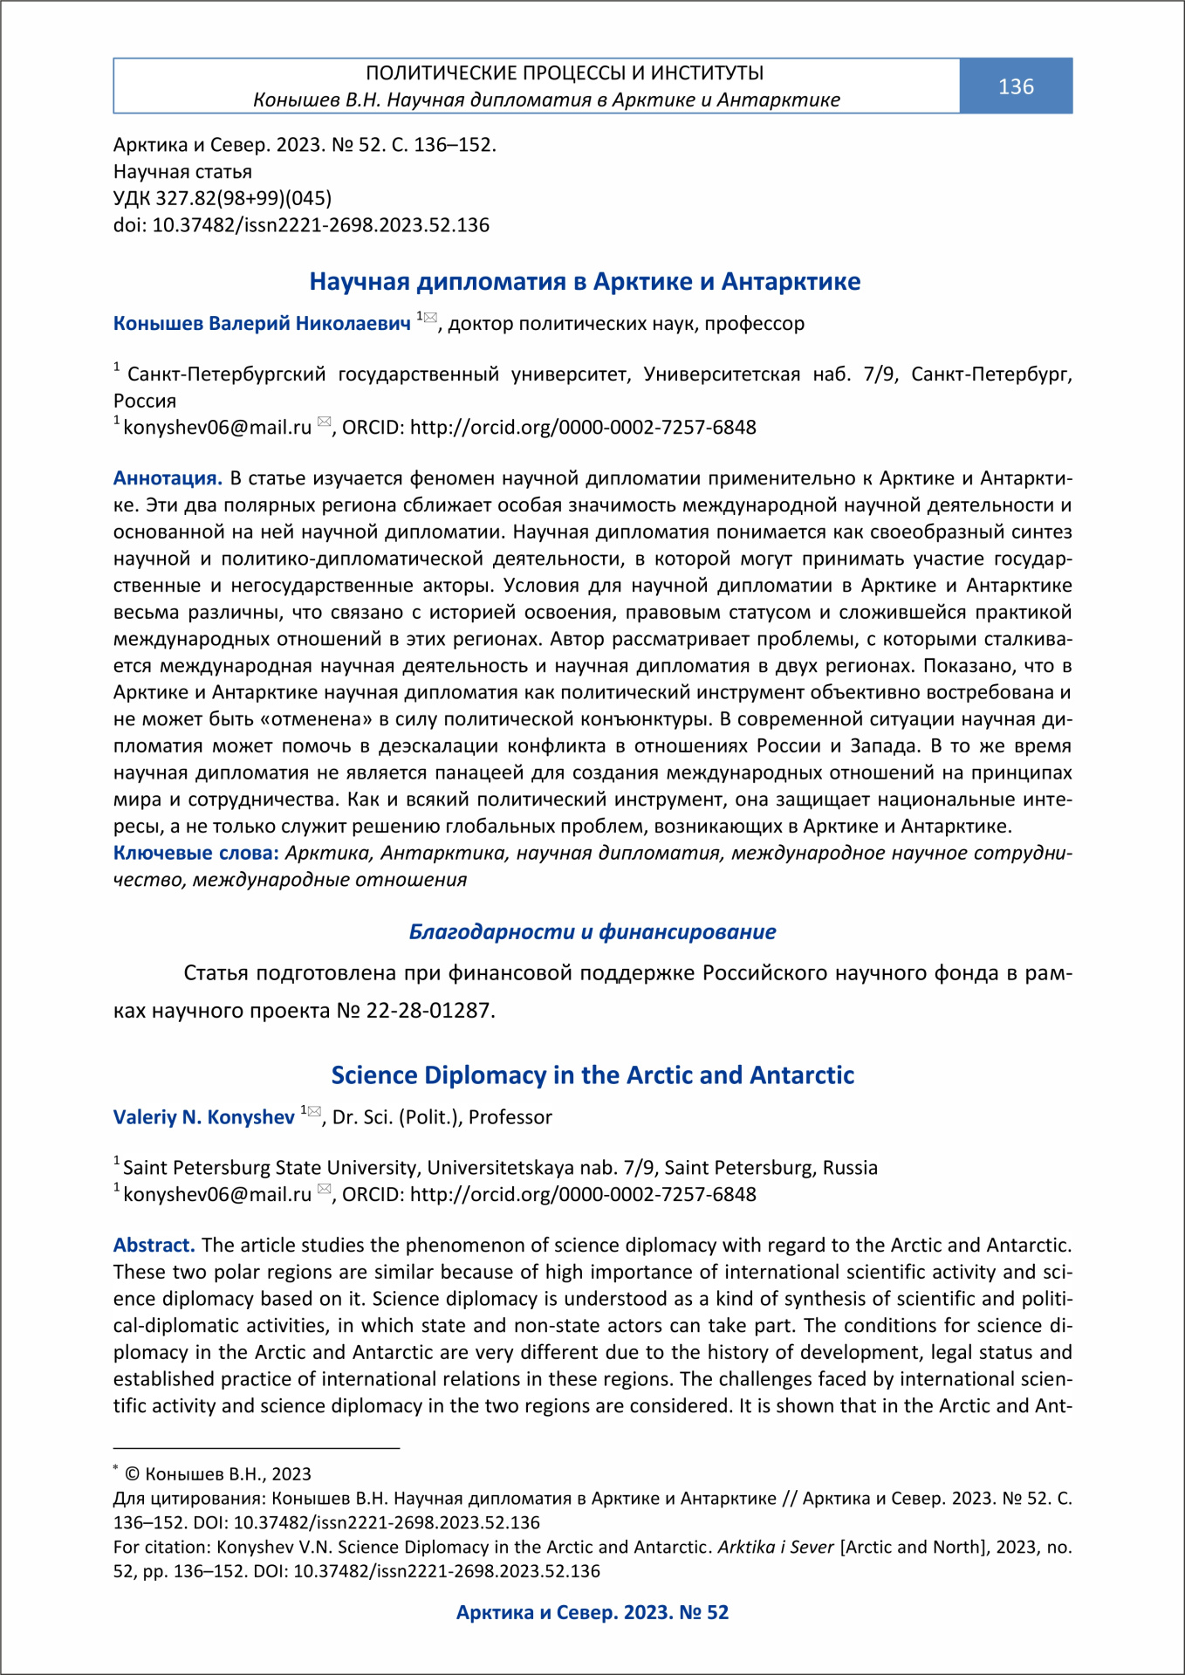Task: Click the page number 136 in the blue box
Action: click(x=1016, y=86)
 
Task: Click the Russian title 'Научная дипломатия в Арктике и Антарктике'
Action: click(x=585, y=281)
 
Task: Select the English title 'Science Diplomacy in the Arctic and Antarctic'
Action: click(x=592, y=1074)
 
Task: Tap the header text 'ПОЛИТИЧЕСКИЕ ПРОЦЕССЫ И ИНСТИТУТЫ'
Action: click(x=565, y=72)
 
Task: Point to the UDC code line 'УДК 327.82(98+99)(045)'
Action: click(x=223, y=198)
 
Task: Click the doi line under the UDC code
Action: click(x=301, y=225)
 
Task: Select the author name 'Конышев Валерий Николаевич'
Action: click(x=262, y=324)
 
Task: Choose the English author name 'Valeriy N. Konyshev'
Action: click(x=204, y=1117)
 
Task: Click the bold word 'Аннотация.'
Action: click(x=168, y=478)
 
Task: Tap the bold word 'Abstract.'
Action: click(x=154, y=1245)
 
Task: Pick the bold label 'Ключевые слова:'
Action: click(x=195, y=853)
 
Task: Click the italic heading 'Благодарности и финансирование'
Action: click(x=592, y=932)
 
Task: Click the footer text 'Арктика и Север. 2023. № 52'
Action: click(x=592, y=1612)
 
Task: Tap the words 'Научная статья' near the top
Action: click(x=182, y=172)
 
